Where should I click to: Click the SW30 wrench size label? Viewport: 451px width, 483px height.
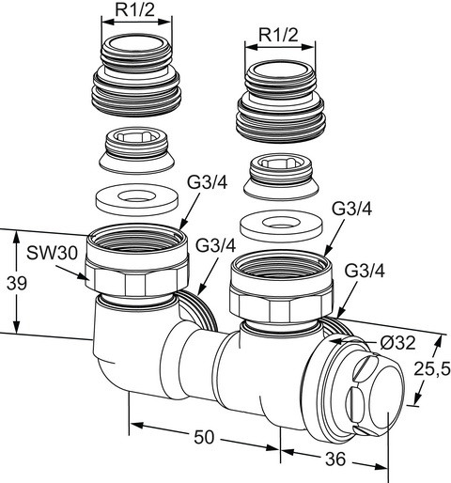click(x=52, y=253)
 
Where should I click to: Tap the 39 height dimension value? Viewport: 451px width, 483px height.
click(x=17, y=283)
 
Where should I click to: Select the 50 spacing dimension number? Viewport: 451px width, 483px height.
click(x=204, y=437)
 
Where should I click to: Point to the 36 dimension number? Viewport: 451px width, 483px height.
click(x=335, y=460)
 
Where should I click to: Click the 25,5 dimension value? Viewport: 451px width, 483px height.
click(x=432, y=368)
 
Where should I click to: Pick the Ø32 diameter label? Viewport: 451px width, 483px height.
click(x=397, y=343)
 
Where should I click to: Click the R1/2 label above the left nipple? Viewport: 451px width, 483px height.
click(x=135, y=9)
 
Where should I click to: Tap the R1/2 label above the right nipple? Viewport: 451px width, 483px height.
click(x=278, y=35)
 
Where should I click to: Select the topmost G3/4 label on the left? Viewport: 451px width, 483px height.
click(x=207, y=182)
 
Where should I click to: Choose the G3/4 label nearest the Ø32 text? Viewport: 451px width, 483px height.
click(x=365, y=271)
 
